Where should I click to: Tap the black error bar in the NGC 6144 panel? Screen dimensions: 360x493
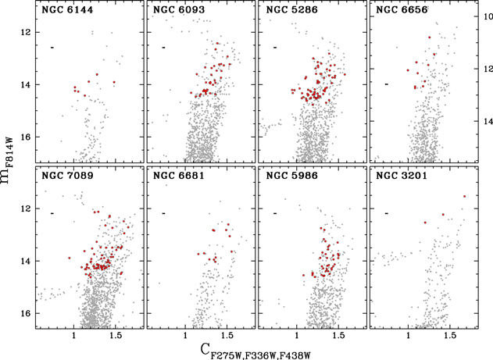pyautogui.click(x=52, y=48)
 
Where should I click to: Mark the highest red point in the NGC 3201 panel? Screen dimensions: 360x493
pyautogui.click(x=464, y=197)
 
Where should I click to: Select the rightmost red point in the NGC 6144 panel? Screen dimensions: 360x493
pyautogui.click(x=113, y=82)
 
